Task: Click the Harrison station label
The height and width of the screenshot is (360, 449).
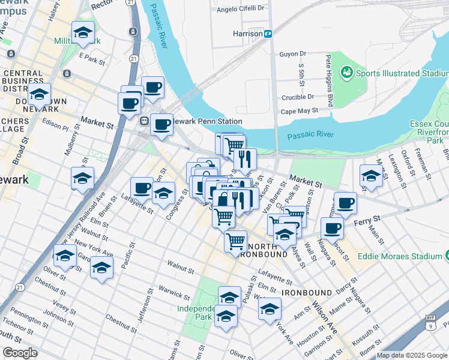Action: pyautogui.click(x=247, y=34)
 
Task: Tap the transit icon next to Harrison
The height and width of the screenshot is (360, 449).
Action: pyautogui.click(x=270, y=34)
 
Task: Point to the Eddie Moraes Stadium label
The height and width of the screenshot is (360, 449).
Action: pyautogui.click(x=400, y=256)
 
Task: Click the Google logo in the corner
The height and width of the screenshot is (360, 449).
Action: pyautogui.click(x=20, y=353)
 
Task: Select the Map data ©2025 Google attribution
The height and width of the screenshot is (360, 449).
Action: pyautogui.click(x=411, y=355)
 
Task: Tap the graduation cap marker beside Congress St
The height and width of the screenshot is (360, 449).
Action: pyautogui.click(x=163, y=194)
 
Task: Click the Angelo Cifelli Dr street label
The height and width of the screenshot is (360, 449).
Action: pyautogui.click(x=240, y=8)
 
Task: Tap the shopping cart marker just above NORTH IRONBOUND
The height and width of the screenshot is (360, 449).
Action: pyautogui.click(x=236, y=241)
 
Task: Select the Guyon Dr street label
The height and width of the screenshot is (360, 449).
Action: pyautogui.click(x=293, y=54)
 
